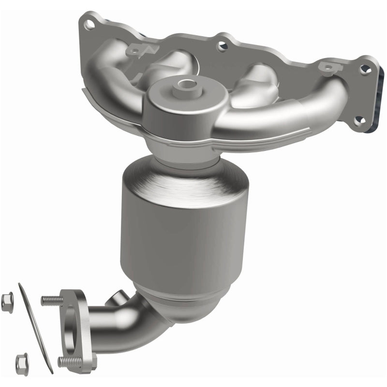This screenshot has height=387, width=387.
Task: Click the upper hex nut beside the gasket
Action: [x=7, y=303]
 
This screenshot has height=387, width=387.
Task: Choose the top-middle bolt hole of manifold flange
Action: [x=222, y=46]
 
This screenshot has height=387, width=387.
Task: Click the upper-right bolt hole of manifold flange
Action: [x=363, y=69]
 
